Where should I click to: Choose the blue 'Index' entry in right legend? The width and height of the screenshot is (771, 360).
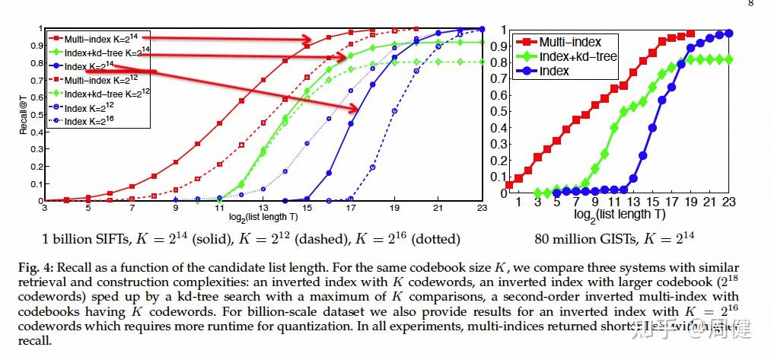554,72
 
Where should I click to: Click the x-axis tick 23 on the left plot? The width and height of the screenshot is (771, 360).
482,207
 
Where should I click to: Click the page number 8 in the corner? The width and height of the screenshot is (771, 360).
752,3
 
